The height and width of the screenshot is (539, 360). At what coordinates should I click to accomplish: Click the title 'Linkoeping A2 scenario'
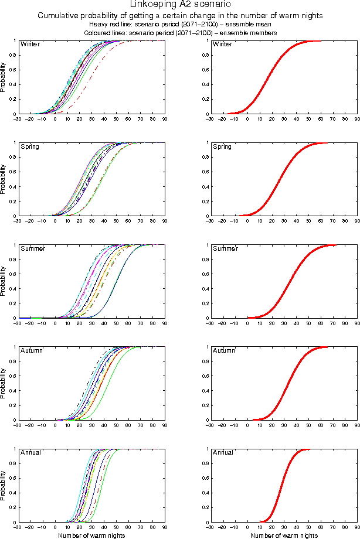pyautogui.click(x=179, y=5)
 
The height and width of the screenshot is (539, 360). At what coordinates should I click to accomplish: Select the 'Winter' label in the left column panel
pyautogui.click(x=29, y=45)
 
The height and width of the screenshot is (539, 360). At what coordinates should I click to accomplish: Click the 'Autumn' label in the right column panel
pyautogui.click(x=223, y=350)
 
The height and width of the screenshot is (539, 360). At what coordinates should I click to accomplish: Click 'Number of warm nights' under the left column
pyautogui.click(x=91, y=535)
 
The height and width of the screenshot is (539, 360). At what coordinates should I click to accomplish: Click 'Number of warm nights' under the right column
pyautogui.click(x=284, y=535)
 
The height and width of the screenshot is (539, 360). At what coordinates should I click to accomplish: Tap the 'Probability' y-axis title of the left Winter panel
pyautogui.click(x=4, y=78)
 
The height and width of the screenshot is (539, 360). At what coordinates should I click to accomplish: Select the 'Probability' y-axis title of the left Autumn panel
pyautogui.click(x=4, y=384)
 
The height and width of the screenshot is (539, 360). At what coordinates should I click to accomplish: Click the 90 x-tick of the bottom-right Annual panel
pyautogui.click(x=357, y=527)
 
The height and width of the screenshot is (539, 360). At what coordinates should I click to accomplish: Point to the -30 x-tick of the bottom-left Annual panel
pyautogui.click(x=18, y=527)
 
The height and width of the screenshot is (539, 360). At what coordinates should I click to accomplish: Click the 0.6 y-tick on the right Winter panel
pyautogui.click(x=204, y=70)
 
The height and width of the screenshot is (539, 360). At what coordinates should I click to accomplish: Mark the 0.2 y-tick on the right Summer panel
pyautogui.click(x=204, y=303)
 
